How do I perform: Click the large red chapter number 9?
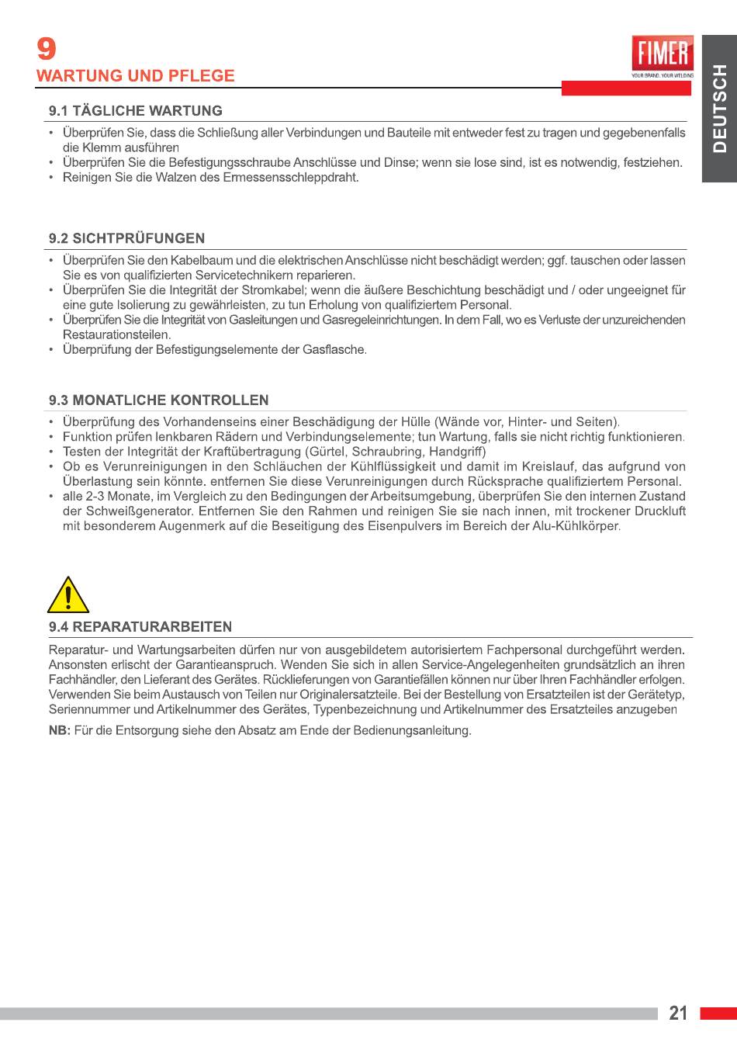[47, 50]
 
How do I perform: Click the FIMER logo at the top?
[663, 56]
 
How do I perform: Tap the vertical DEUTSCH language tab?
[719, 109]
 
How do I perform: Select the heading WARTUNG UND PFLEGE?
[135, 76]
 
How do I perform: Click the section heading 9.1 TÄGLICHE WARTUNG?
[136, 111]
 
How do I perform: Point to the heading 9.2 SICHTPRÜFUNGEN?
[127, 238]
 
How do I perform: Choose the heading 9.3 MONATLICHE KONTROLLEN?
[159, 400]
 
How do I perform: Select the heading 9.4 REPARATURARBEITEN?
[140, 627]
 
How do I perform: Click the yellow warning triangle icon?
[68, 596]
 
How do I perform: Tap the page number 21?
[678, 1013]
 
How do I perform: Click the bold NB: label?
[59, 731]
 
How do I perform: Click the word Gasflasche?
[334, 350]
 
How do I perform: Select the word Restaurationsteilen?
[116, 335]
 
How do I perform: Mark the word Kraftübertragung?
[253, 452]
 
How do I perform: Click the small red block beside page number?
[718, 1014]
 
